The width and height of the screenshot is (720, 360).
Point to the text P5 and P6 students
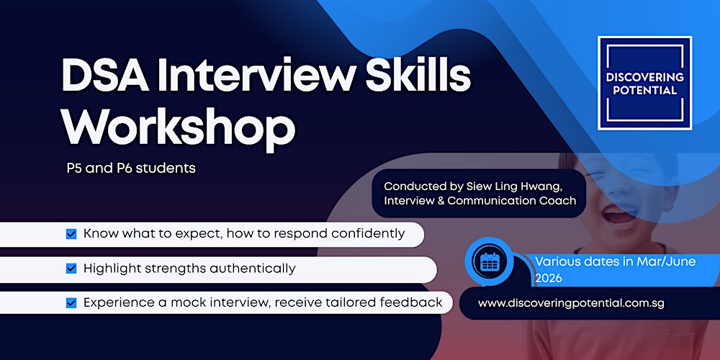coord(130,168)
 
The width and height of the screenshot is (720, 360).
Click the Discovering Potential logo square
coord(644,83)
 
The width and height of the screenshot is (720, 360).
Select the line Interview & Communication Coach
coord(480,201)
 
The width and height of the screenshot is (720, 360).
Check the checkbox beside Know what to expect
coord(71,234)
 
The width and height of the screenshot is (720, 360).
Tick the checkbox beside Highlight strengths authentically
coord(71,269)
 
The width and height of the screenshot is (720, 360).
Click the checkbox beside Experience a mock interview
coord(71,302)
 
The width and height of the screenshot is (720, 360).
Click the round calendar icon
coord(490,261)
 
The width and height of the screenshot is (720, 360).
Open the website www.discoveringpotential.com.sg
coord(571,303)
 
